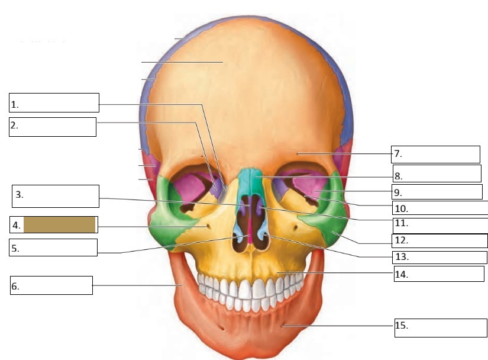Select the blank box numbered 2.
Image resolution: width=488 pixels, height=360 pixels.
pyautogui.click(x=53, y=127)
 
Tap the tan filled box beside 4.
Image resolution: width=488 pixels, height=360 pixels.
pyautogui.click(x=59, y=225)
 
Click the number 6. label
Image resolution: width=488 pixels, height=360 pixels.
pyautogui.click(x=15, y=287)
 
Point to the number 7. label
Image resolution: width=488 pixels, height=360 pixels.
pyautogui.click(x=398, y=154)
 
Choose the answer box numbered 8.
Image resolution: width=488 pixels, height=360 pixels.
pyautogui.click(x=437, y=174)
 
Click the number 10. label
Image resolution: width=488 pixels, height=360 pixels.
pyautogui.click(x=400, y=209)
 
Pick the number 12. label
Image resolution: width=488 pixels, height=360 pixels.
pyautogui.click(x=401, y=241)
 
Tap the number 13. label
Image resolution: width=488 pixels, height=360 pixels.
pyautogui.click(x=401, y=258)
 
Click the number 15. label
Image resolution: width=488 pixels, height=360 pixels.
pyautogui.click(x=401, y=326)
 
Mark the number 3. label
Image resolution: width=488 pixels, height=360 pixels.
pyautogui.click(x=20, y=194)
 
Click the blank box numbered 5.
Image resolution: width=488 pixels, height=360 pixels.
pyautogui.click(x=53, y=247)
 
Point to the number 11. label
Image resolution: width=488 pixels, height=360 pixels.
pyautogui.click(x=400, y=224)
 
